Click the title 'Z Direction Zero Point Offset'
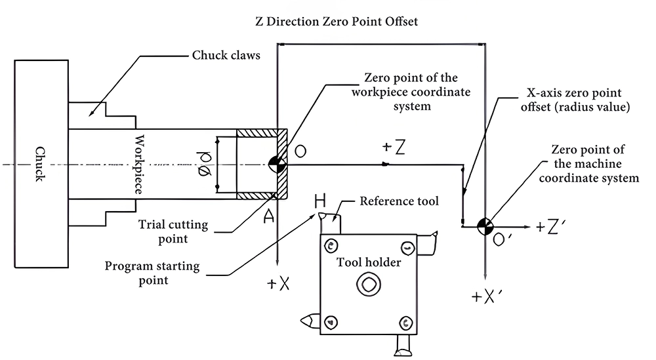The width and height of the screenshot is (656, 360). pos(337,22)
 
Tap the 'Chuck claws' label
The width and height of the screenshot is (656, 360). pos(226,55)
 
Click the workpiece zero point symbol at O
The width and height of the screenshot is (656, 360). pos(276,165)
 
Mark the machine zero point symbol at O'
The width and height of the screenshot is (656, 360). pos(485,226)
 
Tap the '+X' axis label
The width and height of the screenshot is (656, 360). pos(279,283)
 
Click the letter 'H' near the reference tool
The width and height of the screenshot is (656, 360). pos(320,199)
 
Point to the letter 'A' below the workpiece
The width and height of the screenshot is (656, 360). pos(269,217)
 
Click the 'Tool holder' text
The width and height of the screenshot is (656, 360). pos(368,262)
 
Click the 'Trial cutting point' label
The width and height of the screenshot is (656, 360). pos(173,231)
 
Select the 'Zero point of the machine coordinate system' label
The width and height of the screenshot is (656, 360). pos(594,164)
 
